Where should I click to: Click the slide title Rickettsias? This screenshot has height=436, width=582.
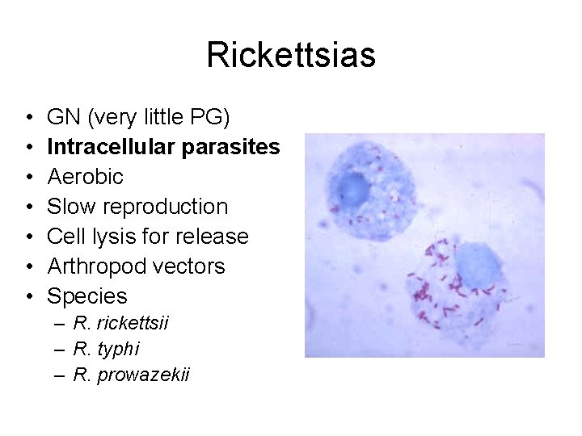pyautogui.click(x=291, y=56)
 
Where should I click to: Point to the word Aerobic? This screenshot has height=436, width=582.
pyautogui.click(x=86, y=177)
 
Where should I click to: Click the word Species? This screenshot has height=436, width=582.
pyautogui.click(x=87, y=296)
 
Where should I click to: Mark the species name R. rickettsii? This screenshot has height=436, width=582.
pyautogui.click(x=120, y=324)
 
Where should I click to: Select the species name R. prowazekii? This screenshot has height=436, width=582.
pyautogui.click(x=131, y=375)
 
